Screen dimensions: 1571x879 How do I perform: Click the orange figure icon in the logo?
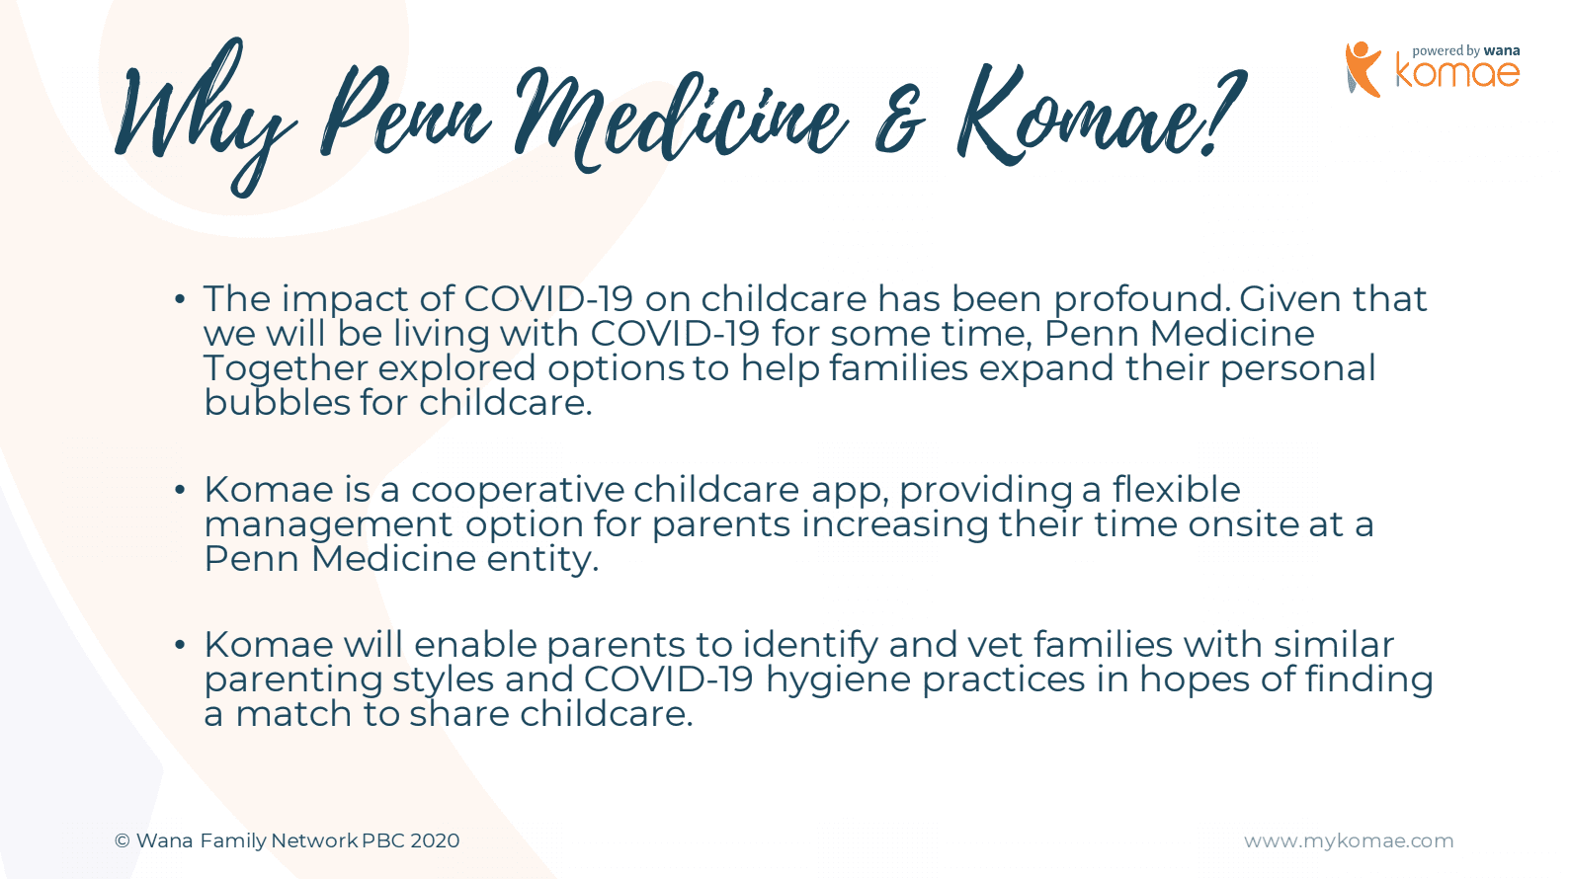[1363, 69]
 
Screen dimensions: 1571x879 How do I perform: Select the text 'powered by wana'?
[1466, 51]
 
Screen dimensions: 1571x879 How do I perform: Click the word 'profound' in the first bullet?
[1142, 299]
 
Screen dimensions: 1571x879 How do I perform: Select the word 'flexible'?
[1177, 489]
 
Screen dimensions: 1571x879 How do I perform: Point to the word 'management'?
[328, 525]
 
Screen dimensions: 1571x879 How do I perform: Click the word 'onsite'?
[1243, 524]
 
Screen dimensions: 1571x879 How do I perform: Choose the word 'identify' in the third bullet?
[810, 645]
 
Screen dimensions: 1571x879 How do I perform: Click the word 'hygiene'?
[838, 679]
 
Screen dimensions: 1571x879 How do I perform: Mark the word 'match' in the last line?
[293, 714]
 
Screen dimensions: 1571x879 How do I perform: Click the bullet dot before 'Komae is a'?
[180, 490]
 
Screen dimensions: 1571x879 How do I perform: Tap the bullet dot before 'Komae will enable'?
[180, 645]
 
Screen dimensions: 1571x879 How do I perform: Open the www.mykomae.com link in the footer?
[1349, 841]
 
